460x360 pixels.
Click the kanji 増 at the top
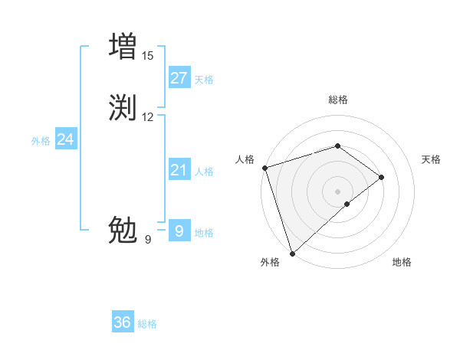click(123, 45)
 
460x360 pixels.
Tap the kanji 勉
click(123, 229)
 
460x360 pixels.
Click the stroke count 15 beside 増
click(147, 55)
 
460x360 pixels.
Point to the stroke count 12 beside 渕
click(147, 117)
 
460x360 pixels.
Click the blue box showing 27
click(179, 78)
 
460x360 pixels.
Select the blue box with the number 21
click(179, 170)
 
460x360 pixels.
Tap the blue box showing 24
click(66, 139)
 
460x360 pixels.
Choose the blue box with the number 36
click(123, 322)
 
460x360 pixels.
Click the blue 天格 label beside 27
click(204, 80)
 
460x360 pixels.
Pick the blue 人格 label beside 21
click(204, 172)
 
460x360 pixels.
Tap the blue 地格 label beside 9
click(204, 233)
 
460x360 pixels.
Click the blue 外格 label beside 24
click(41, 141)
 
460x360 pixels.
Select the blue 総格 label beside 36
click(147, 324)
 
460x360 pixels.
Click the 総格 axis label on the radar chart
click(338, 100)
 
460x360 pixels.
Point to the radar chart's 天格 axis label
click(432, 159)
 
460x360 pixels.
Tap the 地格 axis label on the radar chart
click(402, 263)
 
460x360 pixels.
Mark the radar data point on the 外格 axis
click(291, 253)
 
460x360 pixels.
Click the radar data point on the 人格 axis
click(264, 168)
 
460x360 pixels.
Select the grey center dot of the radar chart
click(338, 191)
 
